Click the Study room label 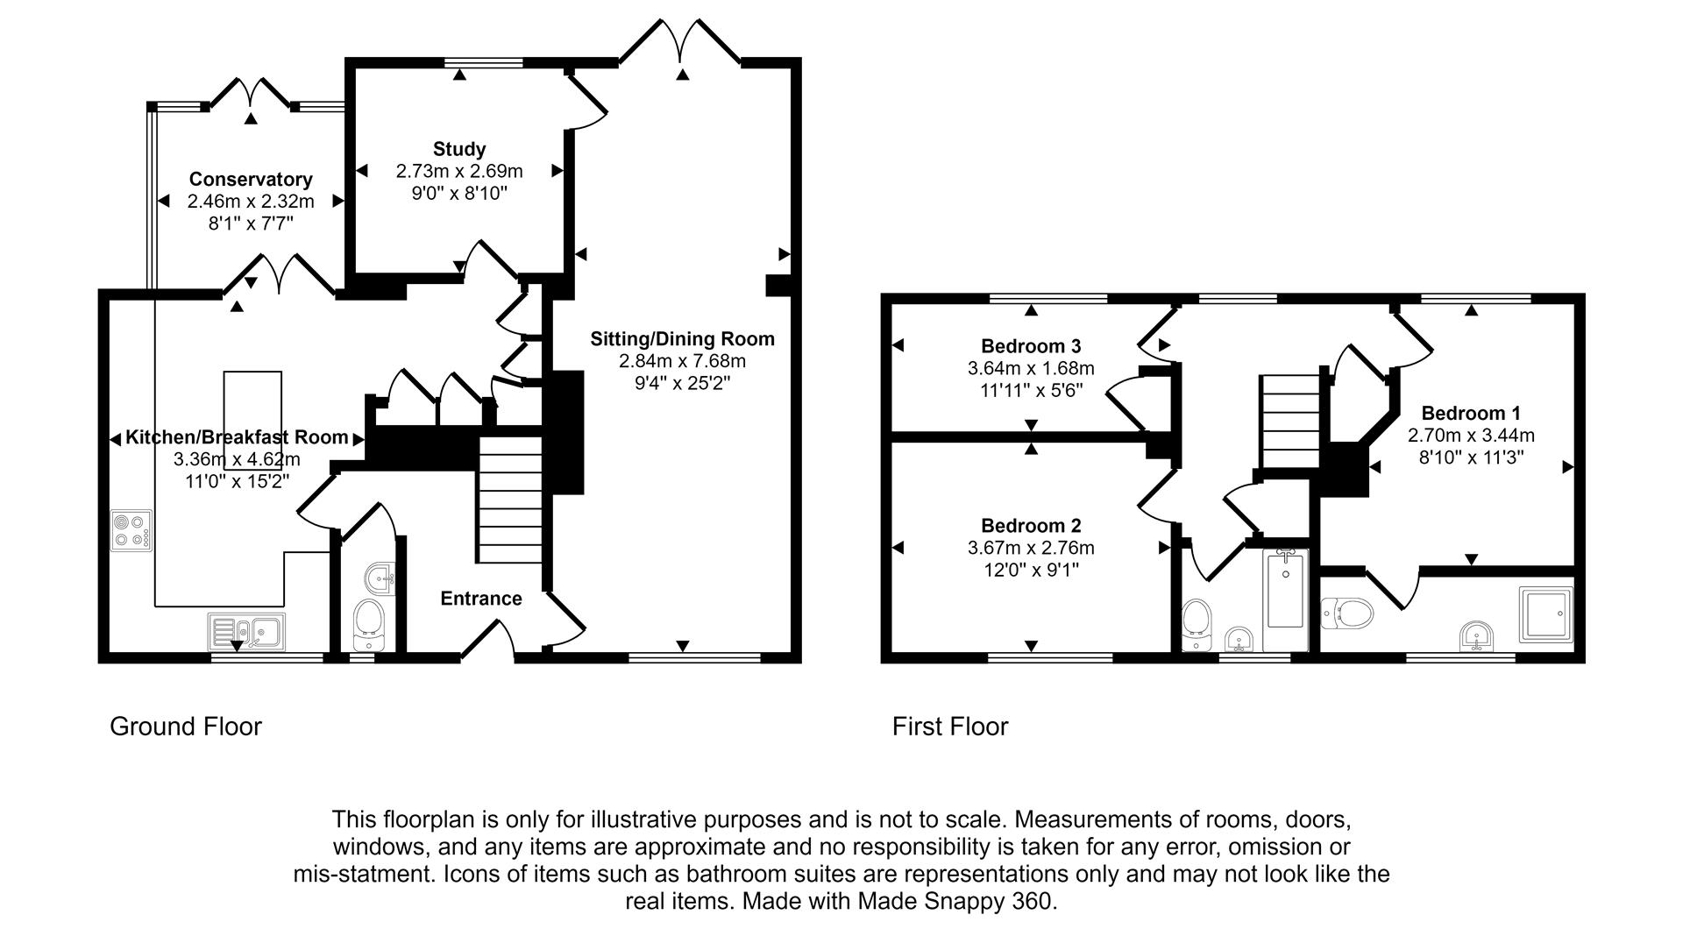458,149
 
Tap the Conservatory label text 251,180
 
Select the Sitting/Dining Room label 682,339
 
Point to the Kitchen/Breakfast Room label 237,437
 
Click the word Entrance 480,599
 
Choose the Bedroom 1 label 1470,413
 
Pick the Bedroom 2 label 1031,526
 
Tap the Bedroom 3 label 1031,346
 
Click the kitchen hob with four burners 131,530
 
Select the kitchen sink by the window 246,630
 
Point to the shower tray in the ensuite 1545,613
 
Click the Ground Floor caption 186,727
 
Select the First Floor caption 950,727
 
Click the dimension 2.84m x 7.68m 682,361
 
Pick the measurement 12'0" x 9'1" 1031,571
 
